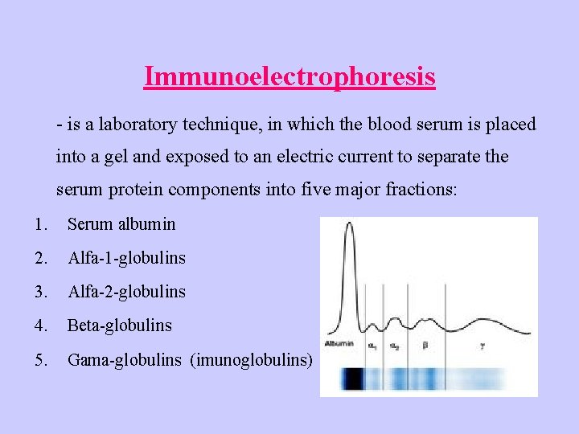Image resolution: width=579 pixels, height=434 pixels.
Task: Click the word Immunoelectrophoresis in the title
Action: [x=289, y=76]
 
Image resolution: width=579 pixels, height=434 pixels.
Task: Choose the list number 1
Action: [x=39, y=224]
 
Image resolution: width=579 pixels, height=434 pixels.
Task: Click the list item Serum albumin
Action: [x=121, y=224]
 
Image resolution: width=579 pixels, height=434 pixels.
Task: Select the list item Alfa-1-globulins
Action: [x=126, y=258]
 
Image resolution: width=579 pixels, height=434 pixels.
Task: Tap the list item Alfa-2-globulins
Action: [x=126, y=292]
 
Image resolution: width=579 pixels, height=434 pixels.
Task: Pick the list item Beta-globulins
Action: [x=119, y=325]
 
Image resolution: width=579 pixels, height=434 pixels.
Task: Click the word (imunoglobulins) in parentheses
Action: [x=251, y=359]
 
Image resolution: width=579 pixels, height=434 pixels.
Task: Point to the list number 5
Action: [x=40, y=359]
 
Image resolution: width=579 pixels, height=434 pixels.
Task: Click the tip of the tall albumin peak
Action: [x=349, y=223]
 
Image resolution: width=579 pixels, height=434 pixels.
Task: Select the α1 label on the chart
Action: [x=372, y=346]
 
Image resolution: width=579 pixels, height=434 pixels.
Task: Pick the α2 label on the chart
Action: [x=395, y=346]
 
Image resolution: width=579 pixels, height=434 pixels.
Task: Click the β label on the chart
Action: [x=425, y=346]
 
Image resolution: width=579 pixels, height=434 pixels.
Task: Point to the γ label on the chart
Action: [x=482, y=346]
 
